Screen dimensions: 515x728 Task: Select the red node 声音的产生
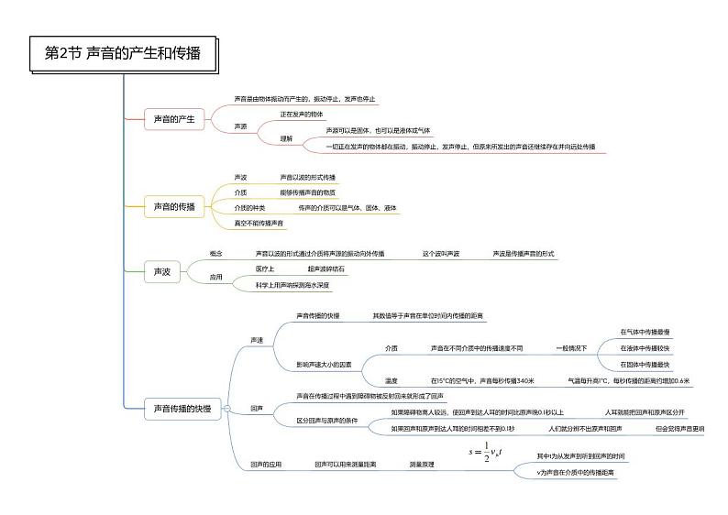click(x=173, y=119)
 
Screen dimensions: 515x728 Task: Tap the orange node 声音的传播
click(x=174, y=207)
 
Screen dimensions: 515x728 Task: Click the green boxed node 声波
click(x=161, y=271)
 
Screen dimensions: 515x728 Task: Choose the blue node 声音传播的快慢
click(x=178, y=409)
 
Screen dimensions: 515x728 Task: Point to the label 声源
click(x=241, y=126)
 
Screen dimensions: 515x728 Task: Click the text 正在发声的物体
click(x=302, y=115)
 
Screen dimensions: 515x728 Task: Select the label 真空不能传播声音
click(x=259, y=223)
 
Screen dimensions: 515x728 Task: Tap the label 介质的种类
click(x=249, y=208)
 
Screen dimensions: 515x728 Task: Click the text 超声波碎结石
click(x=325, y=268)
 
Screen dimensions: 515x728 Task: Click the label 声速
click(x=258, y=340)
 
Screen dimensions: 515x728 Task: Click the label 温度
click(x=392, y=380)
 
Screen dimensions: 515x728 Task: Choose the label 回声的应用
click(x=267, y=465)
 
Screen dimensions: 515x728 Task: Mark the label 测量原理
click(x=423, y=465)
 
